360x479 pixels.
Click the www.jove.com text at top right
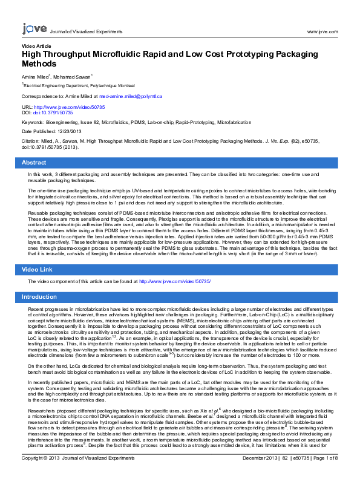[322, 31]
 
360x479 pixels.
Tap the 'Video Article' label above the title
[36, 46]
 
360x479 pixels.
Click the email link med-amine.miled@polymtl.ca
[131, 96]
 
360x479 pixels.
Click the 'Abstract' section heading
[34, 163]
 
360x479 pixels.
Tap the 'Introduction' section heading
[39, 297]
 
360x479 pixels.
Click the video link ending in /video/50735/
[175, 282]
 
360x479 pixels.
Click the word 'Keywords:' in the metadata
[33, 122]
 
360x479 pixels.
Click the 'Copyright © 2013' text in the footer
[39, 475]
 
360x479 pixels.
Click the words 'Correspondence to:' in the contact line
[44, 96]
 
